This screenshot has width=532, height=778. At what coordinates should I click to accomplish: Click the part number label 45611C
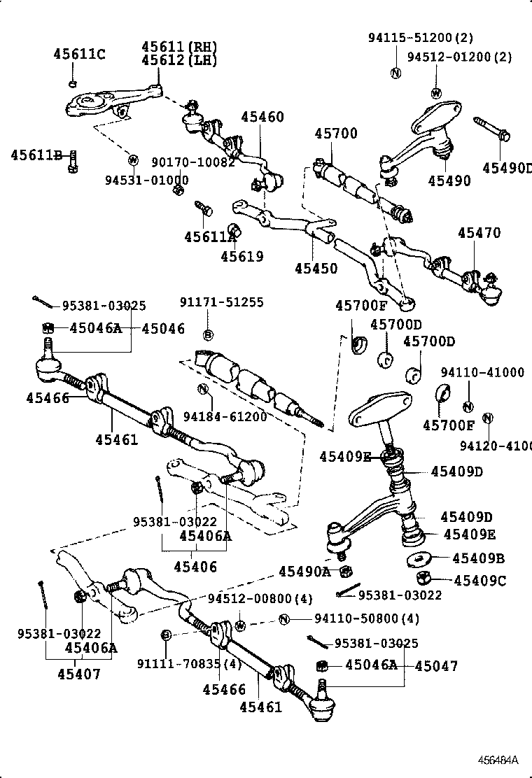pos(79,55)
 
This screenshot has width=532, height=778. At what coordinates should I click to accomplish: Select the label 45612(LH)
pos(179,61)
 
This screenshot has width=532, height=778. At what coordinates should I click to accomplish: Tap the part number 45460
pos(263,117)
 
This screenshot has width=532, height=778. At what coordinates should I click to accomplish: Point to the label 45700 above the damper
pos(335,134)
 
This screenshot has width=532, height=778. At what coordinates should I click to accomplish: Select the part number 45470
pos(479,234)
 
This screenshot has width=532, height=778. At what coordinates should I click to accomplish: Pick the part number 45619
pos(242,257)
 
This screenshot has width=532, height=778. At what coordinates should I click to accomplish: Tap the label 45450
pos(316,269)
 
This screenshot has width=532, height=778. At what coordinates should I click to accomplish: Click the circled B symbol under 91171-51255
pos(208,334)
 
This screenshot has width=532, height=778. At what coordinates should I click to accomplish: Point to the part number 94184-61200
pos(225,417)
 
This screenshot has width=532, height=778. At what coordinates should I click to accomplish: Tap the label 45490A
pos(304,572)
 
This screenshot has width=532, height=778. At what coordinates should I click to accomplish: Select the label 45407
pos(79,675)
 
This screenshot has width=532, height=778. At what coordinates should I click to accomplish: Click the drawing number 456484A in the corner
pos(498,760)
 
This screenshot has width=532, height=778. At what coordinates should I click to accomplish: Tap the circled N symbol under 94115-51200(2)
pos(395,73)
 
